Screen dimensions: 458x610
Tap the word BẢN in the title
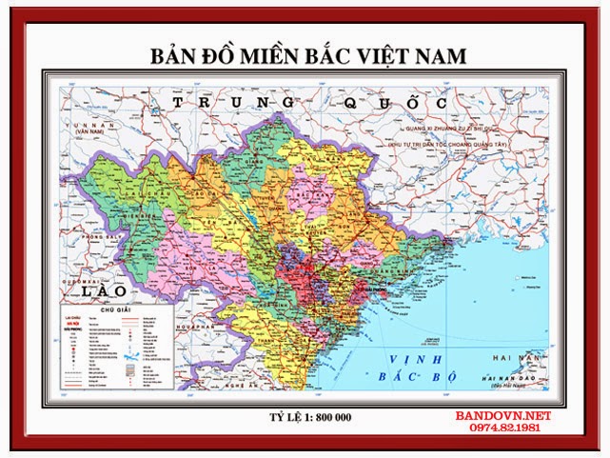click(x=171, y=56)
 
